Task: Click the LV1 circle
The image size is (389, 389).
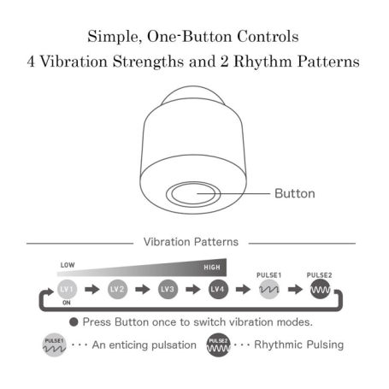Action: (67, 289)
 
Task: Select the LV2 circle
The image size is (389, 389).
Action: (117, 289)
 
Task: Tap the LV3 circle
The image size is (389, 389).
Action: (168, 289)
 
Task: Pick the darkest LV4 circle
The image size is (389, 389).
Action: (218, 289)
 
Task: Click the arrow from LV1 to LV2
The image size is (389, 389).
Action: (92, 290)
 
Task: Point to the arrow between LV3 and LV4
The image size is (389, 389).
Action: (193, 290)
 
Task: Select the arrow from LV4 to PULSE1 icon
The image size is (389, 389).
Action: (243, 290)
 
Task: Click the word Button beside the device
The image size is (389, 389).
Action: (295, 193)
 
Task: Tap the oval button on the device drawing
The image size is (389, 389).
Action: (193, 194)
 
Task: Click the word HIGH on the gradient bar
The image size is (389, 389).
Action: (212, 268)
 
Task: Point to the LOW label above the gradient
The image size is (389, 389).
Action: (68, 265)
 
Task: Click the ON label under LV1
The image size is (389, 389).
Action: (67, 303)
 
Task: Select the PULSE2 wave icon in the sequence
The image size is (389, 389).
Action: (320, 289)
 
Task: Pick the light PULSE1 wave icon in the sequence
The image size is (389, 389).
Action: (269, 289)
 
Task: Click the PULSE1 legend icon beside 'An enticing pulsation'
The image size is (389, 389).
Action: (55, 345)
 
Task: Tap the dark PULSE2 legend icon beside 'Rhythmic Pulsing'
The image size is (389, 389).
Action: (218, 345)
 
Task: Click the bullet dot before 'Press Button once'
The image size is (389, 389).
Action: (74, 322)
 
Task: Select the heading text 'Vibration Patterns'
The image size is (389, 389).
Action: (191, 242)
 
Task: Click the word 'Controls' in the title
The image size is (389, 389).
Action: (268, 37)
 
